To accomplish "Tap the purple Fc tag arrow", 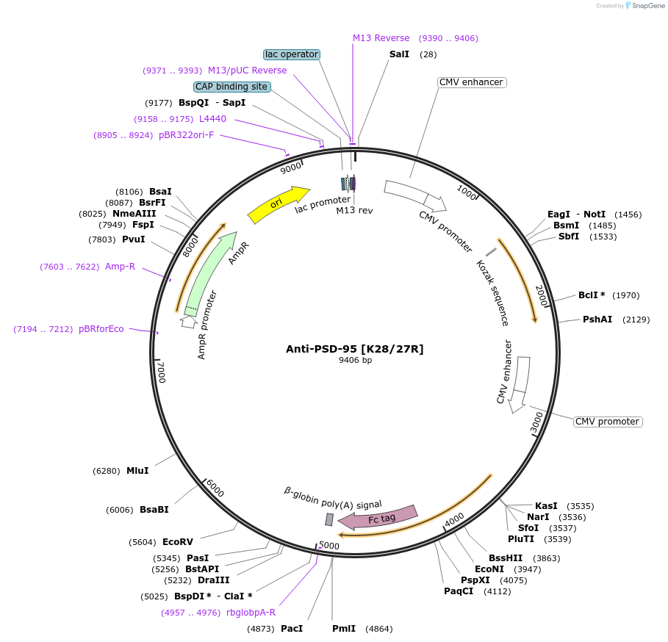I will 378,517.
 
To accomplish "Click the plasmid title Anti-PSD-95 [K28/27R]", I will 355,348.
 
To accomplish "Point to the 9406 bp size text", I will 355,360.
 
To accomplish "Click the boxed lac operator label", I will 292,54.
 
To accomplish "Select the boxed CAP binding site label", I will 231,87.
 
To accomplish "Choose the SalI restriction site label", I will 399,54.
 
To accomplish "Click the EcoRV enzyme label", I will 178,542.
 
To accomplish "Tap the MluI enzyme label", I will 137,471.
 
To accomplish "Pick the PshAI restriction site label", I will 597,319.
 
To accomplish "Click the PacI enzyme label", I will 292,629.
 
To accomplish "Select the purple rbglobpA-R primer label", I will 251,613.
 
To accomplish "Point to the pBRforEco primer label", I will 101,329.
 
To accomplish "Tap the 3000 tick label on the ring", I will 537,422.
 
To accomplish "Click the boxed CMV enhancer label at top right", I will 471,82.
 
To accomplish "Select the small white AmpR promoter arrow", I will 189,321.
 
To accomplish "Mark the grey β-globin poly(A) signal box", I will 329,519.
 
